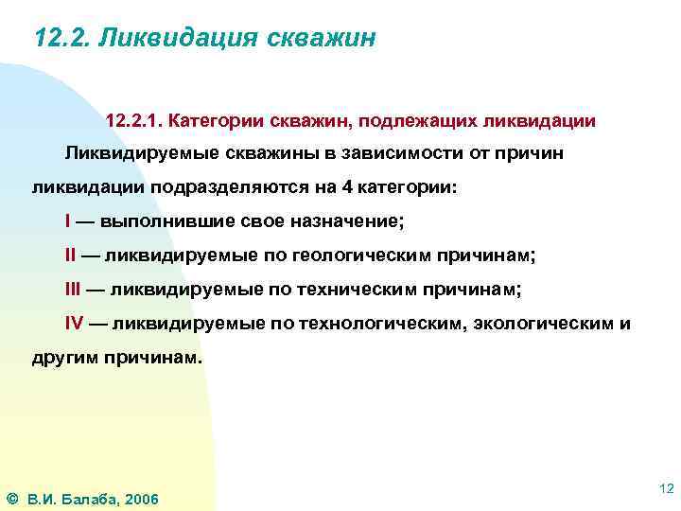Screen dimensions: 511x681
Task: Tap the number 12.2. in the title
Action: pyautogui.click(x=61, y=39)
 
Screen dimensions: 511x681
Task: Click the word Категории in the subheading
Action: pyautogui.click(x=219, y=122)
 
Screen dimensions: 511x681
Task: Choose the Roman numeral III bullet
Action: pyautogui.click(x=73, y=288)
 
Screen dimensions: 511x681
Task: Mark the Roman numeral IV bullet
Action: pyautogui.click(x=74, y=322)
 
